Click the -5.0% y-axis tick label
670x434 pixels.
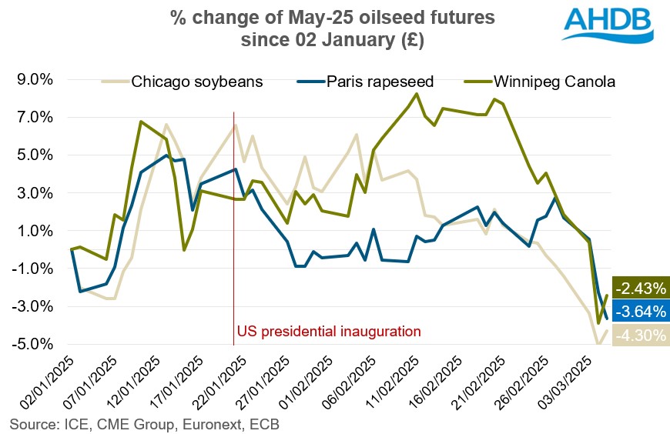(29, 344)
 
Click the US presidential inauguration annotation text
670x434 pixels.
(329, 332)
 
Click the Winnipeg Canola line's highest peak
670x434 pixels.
(417, 94)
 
